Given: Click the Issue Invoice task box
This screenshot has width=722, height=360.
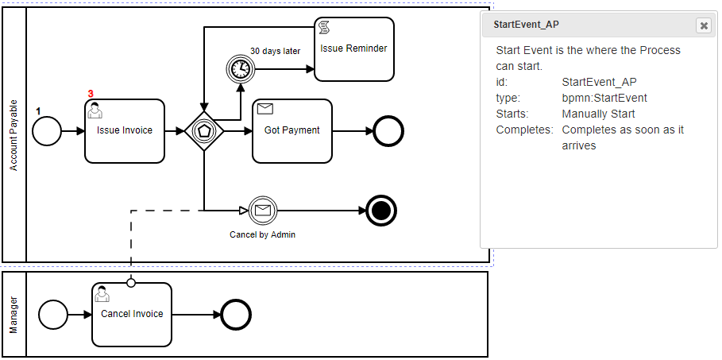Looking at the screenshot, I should pos(124,131).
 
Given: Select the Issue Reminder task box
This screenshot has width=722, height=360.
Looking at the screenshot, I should pos(353,49).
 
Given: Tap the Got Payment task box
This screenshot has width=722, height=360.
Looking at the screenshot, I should pos(292,131).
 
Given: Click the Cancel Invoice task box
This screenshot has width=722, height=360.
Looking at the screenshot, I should pos(132,315).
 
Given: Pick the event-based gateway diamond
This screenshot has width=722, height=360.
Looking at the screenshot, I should pos(204,131).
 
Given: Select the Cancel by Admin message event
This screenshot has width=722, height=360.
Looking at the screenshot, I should pos(261,211).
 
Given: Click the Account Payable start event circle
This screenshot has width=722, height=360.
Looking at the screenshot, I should pos(47,131).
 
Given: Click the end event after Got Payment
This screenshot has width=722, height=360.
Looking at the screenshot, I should pos(389,131).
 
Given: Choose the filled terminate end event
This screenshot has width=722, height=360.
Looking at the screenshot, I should pos(382,211).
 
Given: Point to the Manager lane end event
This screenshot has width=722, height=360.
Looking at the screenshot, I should pos(236,315).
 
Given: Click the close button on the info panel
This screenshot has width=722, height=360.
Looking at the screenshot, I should pos(703,25).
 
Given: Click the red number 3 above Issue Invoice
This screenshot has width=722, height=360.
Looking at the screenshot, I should pos(91,94).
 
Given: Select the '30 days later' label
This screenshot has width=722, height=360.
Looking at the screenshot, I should pos(275,51).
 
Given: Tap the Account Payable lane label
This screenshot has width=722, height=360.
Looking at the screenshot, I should pos(14,135).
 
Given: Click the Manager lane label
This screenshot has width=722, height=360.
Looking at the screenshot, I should pos(14,315).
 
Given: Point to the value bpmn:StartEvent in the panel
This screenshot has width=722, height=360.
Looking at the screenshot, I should pos(604,98).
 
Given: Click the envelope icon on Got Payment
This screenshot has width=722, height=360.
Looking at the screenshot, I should pos(265,109).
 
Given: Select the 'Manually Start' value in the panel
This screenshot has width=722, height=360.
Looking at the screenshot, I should pos(598,114).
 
